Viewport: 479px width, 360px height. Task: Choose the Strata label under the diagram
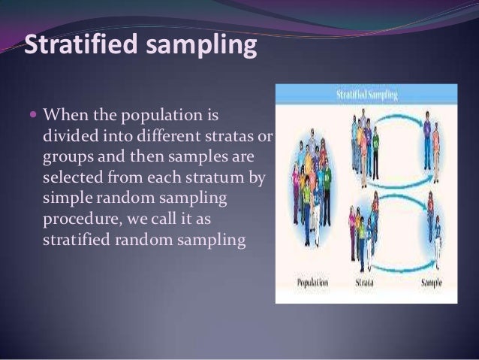point(366,285)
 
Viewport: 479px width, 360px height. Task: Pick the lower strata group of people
point(364,233)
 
